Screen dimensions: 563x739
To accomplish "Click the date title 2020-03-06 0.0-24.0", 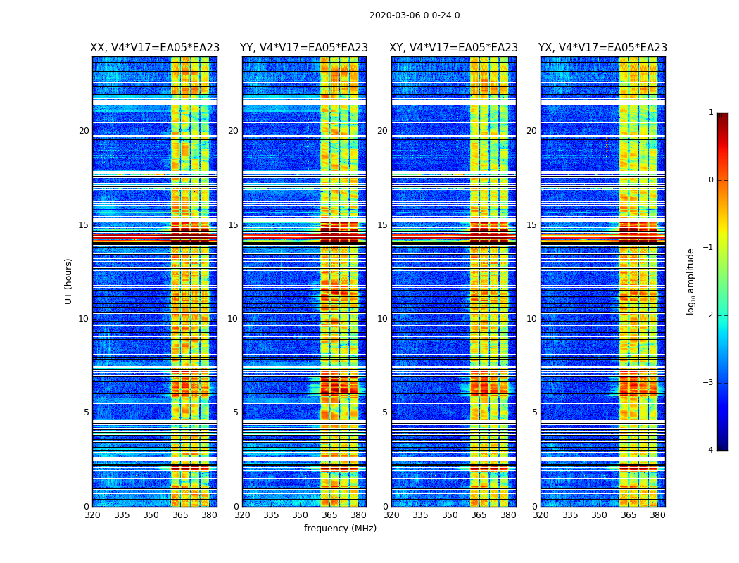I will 415,15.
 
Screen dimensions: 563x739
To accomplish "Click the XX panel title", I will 155,48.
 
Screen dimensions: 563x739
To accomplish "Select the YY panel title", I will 304,48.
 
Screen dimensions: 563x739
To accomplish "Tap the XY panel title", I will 453,48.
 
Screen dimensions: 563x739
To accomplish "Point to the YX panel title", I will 602,48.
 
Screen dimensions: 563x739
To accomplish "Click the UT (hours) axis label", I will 69,281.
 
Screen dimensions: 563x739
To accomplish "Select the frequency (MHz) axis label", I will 340,529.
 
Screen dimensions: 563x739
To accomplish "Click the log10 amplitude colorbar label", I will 691,281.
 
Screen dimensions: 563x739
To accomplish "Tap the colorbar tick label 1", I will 710,113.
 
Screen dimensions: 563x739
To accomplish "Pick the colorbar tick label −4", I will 709,450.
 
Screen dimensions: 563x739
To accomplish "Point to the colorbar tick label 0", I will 710,180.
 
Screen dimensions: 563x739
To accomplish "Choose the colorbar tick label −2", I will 709,315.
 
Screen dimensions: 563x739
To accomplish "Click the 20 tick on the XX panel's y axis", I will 84,131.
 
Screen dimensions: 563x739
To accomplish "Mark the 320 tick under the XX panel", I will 92,515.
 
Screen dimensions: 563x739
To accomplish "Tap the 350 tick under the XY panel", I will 450,515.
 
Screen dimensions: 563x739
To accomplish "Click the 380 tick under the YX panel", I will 657,515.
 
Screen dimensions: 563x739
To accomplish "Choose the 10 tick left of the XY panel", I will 382,319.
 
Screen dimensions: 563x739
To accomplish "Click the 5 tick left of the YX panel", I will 534,412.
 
